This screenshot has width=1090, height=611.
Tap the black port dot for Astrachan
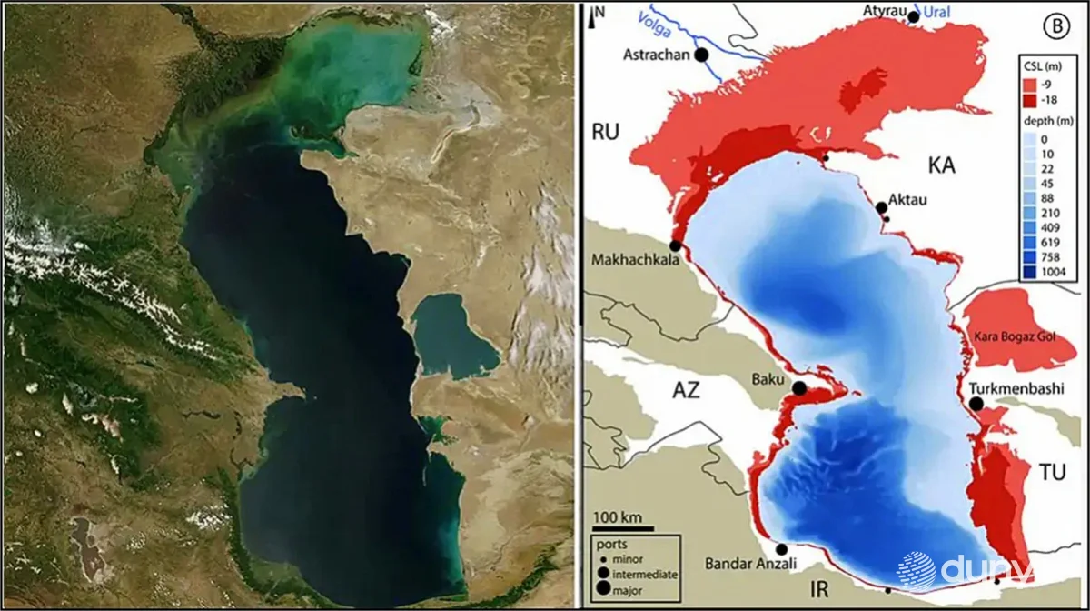point(701,55)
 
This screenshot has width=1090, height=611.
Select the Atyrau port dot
point(914,17)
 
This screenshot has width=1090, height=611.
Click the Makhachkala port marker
point(676,246)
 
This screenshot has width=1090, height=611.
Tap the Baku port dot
point(799,388)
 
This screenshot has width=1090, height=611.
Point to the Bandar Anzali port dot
point(782,549)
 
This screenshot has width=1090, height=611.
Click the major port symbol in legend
point(605,588)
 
